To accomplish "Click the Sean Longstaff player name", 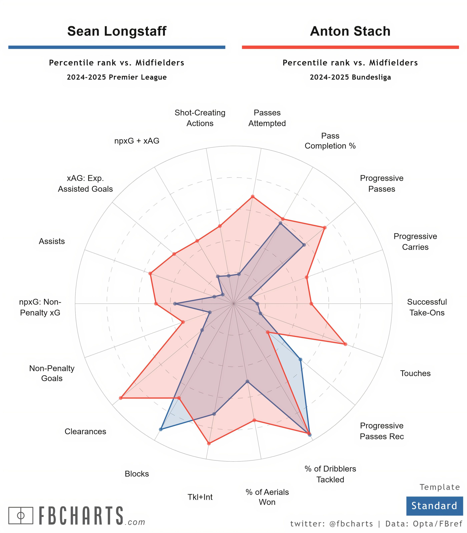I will [117, 31].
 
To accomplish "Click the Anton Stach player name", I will [350, 31].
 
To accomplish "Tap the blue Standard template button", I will [434, 506].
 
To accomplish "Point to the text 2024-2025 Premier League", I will [117, 77].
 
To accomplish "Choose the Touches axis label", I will [415, 373].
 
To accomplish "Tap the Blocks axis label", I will [137, 474].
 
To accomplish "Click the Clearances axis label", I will [85, 432].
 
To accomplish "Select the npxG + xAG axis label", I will [137, 141].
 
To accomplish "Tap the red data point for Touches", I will [345, 344].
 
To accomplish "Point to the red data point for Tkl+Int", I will [208, 443].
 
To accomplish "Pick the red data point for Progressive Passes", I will [324, 228].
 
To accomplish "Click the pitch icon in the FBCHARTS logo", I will [21, 515].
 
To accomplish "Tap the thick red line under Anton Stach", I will [350, 47].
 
